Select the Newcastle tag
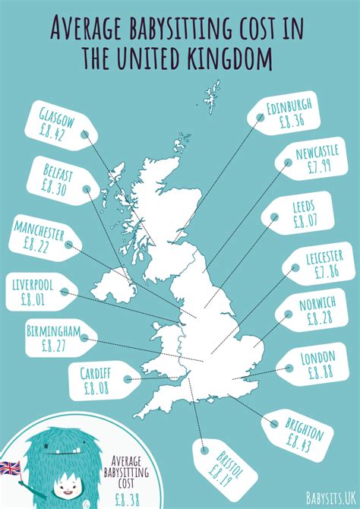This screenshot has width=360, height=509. pyautogui.click(x=312, y=162)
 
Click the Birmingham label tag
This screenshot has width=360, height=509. pyautogui.click(x=62, y=340)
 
